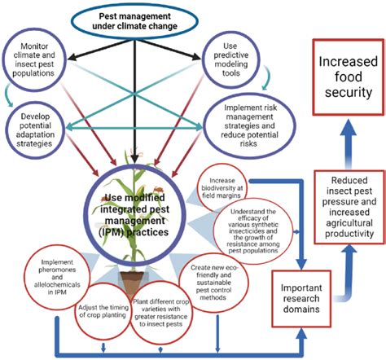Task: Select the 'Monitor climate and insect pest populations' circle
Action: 42,61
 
